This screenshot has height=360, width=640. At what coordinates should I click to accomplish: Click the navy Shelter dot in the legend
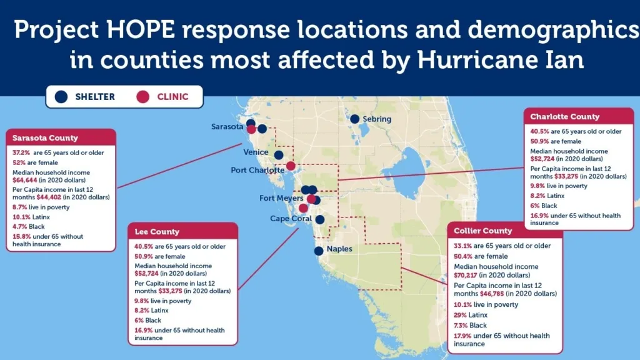[61, 97]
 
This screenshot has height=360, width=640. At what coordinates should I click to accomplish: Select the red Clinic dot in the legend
[143, 97]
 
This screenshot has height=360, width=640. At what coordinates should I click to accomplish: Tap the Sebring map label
[377, 119]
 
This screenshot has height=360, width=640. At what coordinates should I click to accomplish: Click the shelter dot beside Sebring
[355, 119]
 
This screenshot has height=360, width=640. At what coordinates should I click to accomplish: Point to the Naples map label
[339, 249]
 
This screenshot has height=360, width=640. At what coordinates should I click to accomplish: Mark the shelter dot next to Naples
[319, 251]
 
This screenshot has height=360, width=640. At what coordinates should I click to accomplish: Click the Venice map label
[256, 152]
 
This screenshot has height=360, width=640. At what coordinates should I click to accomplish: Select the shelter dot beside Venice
[279, 155]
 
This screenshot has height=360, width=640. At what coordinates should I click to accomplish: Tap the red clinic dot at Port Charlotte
[291, 166]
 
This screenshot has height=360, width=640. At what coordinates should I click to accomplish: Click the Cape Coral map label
[291, 218]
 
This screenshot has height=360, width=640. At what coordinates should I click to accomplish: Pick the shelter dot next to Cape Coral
[320, 219]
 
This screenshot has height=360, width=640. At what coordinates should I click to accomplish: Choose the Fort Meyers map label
[281, 198]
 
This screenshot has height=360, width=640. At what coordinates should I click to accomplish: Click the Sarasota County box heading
[45, 138]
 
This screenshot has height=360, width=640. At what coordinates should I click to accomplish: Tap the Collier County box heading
[483, 231]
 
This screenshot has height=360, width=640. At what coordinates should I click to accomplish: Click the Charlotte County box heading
[565, 117]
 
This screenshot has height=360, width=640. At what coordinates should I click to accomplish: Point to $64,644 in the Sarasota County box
[24, 180]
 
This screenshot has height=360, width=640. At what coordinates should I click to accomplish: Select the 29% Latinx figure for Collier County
[460, 315]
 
